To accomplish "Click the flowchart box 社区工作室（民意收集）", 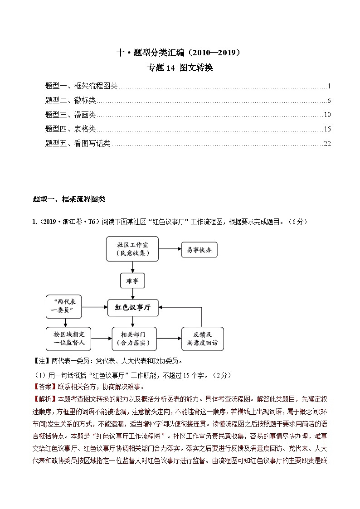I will [x=132, y=248].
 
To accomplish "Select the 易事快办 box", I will [x=199, y=249].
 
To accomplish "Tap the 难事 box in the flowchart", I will [x=132, y=281].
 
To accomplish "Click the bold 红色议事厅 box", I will [x=132, y=307].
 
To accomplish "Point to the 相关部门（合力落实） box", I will [x=132, y=339].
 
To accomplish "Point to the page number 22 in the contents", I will [x=327, y=144].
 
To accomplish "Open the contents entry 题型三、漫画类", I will [x=71, y=115].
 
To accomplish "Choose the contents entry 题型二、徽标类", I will [x=71, y=101].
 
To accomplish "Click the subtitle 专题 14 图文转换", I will [x=180, y=68].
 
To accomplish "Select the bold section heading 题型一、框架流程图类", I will [x=69, y=199].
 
